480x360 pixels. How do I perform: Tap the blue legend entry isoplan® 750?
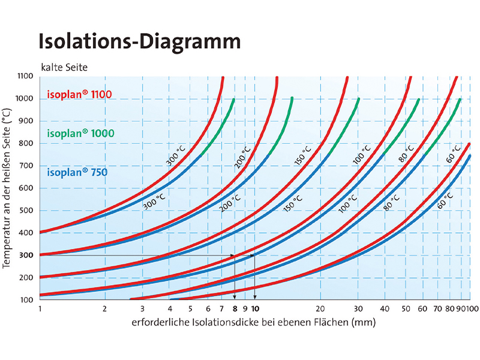(77, 173)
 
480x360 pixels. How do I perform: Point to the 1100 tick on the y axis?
(26, 76)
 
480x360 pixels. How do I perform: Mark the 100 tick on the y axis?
(28, 299)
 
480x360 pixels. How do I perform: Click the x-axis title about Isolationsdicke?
(254, 323)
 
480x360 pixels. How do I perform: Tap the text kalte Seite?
(64, 67)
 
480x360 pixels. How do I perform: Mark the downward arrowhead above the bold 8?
(235, 297)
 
